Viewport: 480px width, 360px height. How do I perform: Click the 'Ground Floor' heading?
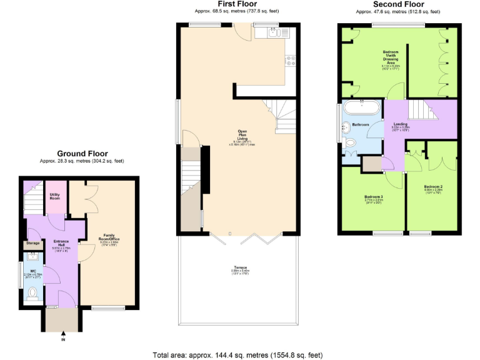click(x=82, y=153)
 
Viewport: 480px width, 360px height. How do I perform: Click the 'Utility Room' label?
click(x=55, y=196)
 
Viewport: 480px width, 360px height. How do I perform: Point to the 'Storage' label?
click(x=33, y=243)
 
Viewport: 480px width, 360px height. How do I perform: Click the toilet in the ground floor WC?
click(x=32, y=292)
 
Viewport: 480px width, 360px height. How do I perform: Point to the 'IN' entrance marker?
click(x=62, y=340)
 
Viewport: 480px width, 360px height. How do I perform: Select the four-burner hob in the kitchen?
click(x=291, y=61)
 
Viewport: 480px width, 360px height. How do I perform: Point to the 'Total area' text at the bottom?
click(x=238, y=354)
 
